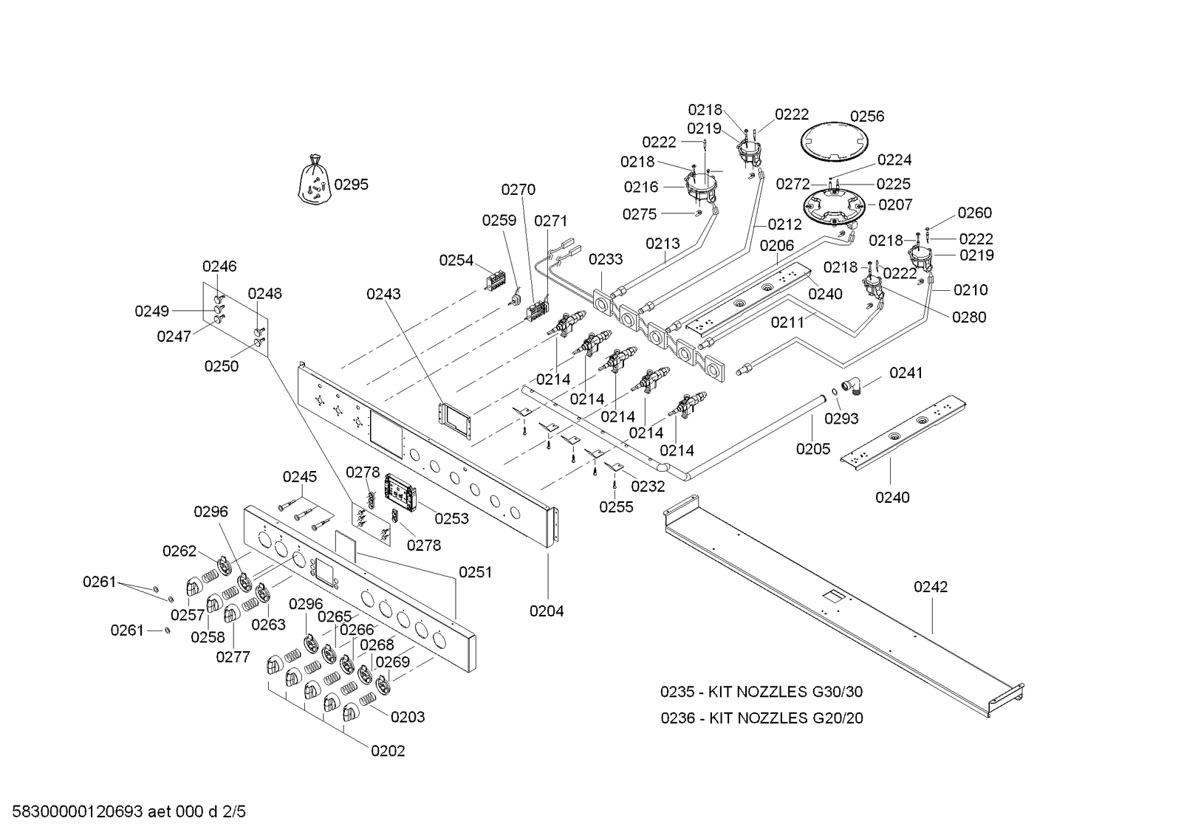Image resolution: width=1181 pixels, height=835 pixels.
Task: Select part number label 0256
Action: coord(866,116)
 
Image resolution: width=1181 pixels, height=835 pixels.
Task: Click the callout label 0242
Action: coord(931,587)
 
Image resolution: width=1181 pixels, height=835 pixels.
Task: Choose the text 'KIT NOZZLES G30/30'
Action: coord(786,693)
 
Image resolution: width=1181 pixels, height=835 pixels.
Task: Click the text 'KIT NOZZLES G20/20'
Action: coord(786,718)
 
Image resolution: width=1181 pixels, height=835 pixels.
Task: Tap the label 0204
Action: coord(547,611)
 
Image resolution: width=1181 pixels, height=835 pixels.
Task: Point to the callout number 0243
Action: coord(383,294)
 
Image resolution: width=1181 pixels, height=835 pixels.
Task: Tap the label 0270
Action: coord(518,190)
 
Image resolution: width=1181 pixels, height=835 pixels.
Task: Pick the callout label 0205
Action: coord(813,449)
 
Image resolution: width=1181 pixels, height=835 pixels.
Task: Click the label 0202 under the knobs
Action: coord(388,751)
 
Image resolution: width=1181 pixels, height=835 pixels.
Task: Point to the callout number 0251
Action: coord(476,572)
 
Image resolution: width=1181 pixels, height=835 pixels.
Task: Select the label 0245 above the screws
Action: coord(300,477)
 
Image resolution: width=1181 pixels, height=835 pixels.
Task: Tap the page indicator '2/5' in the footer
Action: coord(233,813)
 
